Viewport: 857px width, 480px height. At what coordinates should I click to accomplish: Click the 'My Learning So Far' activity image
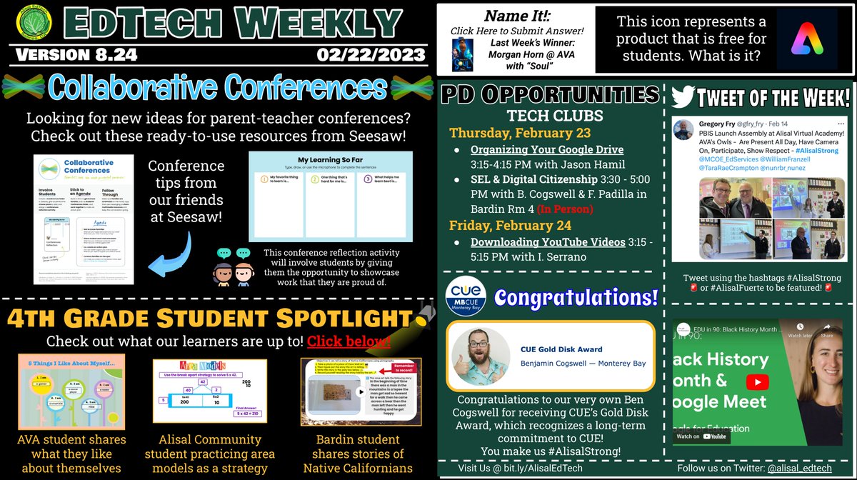[330, 196]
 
